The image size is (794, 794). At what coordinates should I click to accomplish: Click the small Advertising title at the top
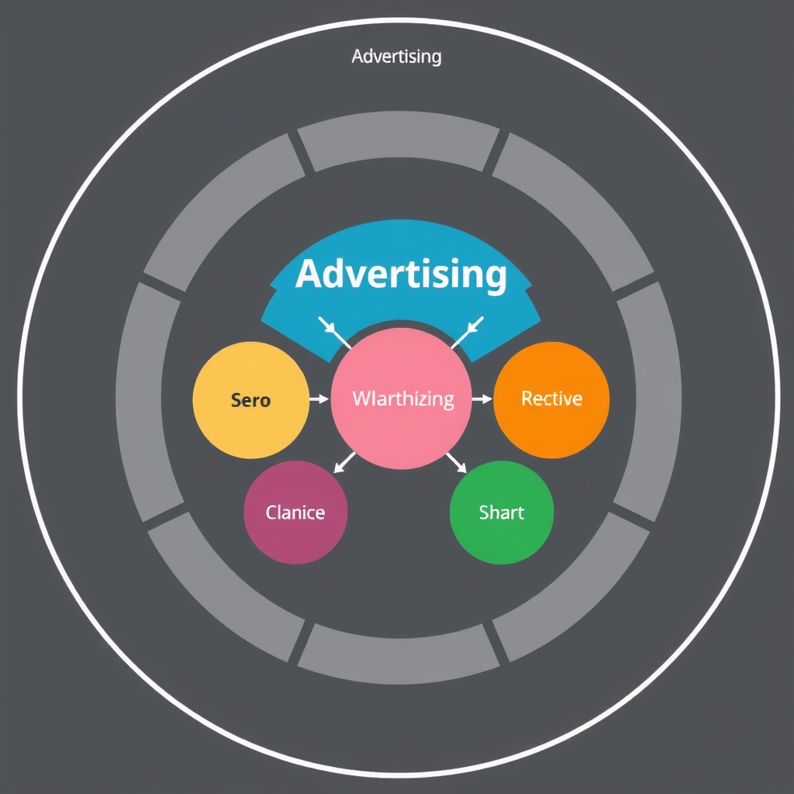[x=396, y=57]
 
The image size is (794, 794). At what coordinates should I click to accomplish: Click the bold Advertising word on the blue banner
[x=401, y=274]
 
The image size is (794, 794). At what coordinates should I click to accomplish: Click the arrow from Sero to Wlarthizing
[x=319, y=399]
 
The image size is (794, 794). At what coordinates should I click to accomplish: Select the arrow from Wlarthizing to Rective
[x=482, y=399]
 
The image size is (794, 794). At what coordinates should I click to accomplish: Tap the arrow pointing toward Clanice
[x=343, y=462]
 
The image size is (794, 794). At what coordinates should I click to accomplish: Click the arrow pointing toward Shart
[x=456, y=462]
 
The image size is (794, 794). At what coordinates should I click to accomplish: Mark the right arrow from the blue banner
[x=467, y=332]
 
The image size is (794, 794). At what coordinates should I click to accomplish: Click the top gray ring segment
[x=399, y=140]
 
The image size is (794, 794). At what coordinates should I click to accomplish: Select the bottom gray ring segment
[x=399, y=656]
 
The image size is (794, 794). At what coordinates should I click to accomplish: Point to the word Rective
[x=551, y=399]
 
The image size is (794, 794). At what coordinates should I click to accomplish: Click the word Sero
[x=250, y=400]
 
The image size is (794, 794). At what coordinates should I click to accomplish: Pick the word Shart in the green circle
[x=502, y=513]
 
